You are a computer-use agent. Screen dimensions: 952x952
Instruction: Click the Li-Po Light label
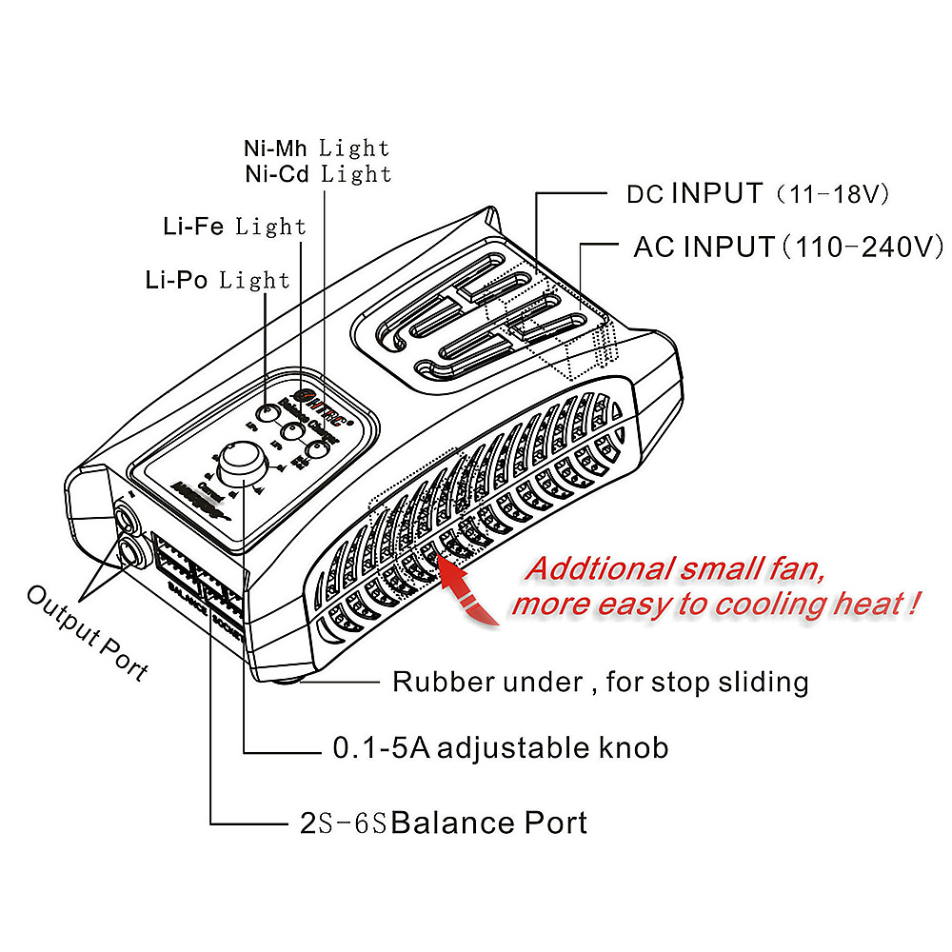217,280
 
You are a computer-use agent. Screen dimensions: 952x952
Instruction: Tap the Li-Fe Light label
234,227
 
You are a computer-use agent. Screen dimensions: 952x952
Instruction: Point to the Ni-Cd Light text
317,174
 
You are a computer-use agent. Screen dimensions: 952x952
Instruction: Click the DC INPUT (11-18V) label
757,194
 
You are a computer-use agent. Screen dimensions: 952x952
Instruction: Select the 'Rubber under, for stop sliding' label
601,682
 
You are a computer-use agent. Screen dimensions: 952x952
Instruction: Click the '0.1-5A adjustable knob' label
500,748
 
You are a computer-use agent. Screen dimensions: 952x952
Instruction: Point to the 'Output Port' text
87,633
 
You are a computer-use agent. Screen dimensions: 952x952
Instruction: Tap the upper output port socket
127,519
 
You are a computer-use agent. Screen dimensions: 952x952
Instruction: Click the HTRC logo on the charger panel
321,397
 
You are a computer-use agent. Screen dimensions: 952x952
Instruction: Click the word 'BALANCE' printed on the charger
188,601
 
